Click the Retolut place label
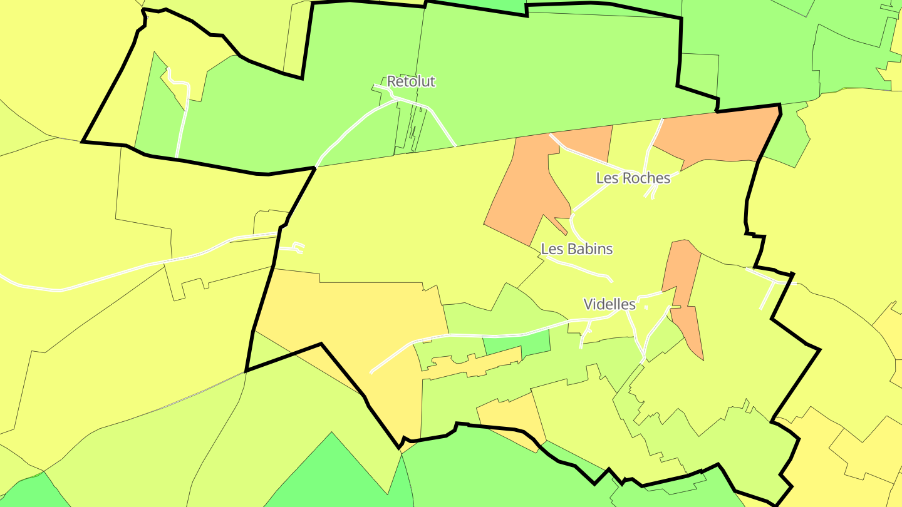[x=411, y=81]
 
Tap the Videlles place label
[x=609, y=305]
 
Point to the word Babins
[x=589, y=249]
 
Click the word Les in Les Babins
[x=552, y=249]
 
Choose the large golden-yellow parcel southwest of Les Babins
[x=363, y=319]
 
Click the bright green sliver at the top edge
[x=501, y=5]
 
